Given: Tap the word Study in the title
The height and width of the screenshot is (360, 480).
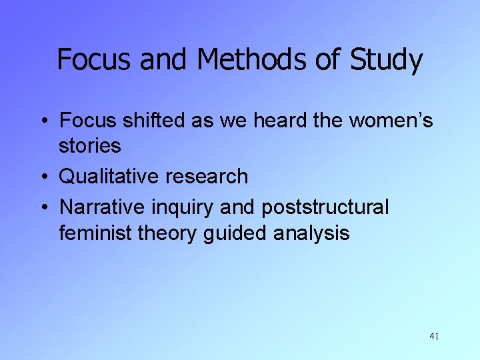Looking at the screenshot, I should click(x=386, y=61).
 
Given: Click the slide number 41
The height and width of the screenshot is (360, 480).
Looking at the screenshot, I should click(x=434, y=336).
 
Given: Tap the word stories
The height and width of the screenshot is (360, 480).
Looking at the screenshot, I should click(x=89, y=145).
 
